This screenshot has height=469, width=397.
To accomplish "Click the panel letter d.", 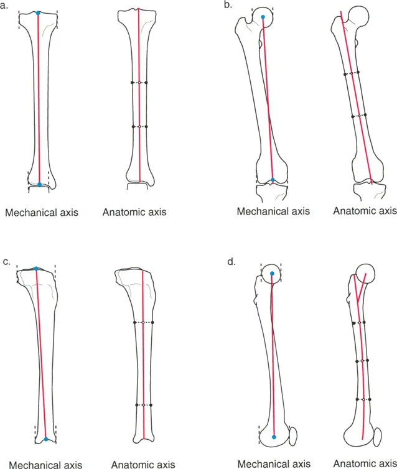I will pos(232,262).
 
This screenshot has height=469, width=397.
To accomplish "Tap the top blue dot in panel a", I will pos(38,13).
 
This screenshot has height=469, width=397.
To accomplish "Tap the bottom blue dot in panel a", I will pos(39,184).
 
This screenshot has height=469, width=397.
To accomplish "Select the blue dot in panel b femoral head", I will pos(263,17).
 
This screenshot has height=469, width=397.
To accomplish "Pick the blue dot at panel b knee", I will pos(273,180).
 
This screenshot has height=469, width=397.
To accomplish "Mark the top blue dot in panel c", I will pos(36,269).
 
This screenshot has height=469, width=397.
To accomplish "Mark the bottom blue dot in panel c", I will pos(46,439).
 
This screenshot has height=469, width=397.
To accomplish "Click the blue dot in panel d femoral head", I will pos(272,273).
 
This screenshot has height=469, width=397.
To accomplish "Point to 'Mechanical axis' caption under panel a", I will pos(42,213).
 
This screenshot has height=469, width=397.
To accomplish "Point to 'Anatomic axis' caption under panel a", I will pos(134,213).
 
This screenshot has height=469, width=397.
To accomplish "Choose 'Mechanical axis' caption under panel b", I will pos(273,211).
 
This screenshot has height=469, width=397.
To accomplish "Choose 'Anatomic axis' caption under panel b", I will pos(365,211).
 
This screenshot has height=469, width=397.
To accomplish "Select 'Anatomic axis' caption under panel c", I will pos(143,464).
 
